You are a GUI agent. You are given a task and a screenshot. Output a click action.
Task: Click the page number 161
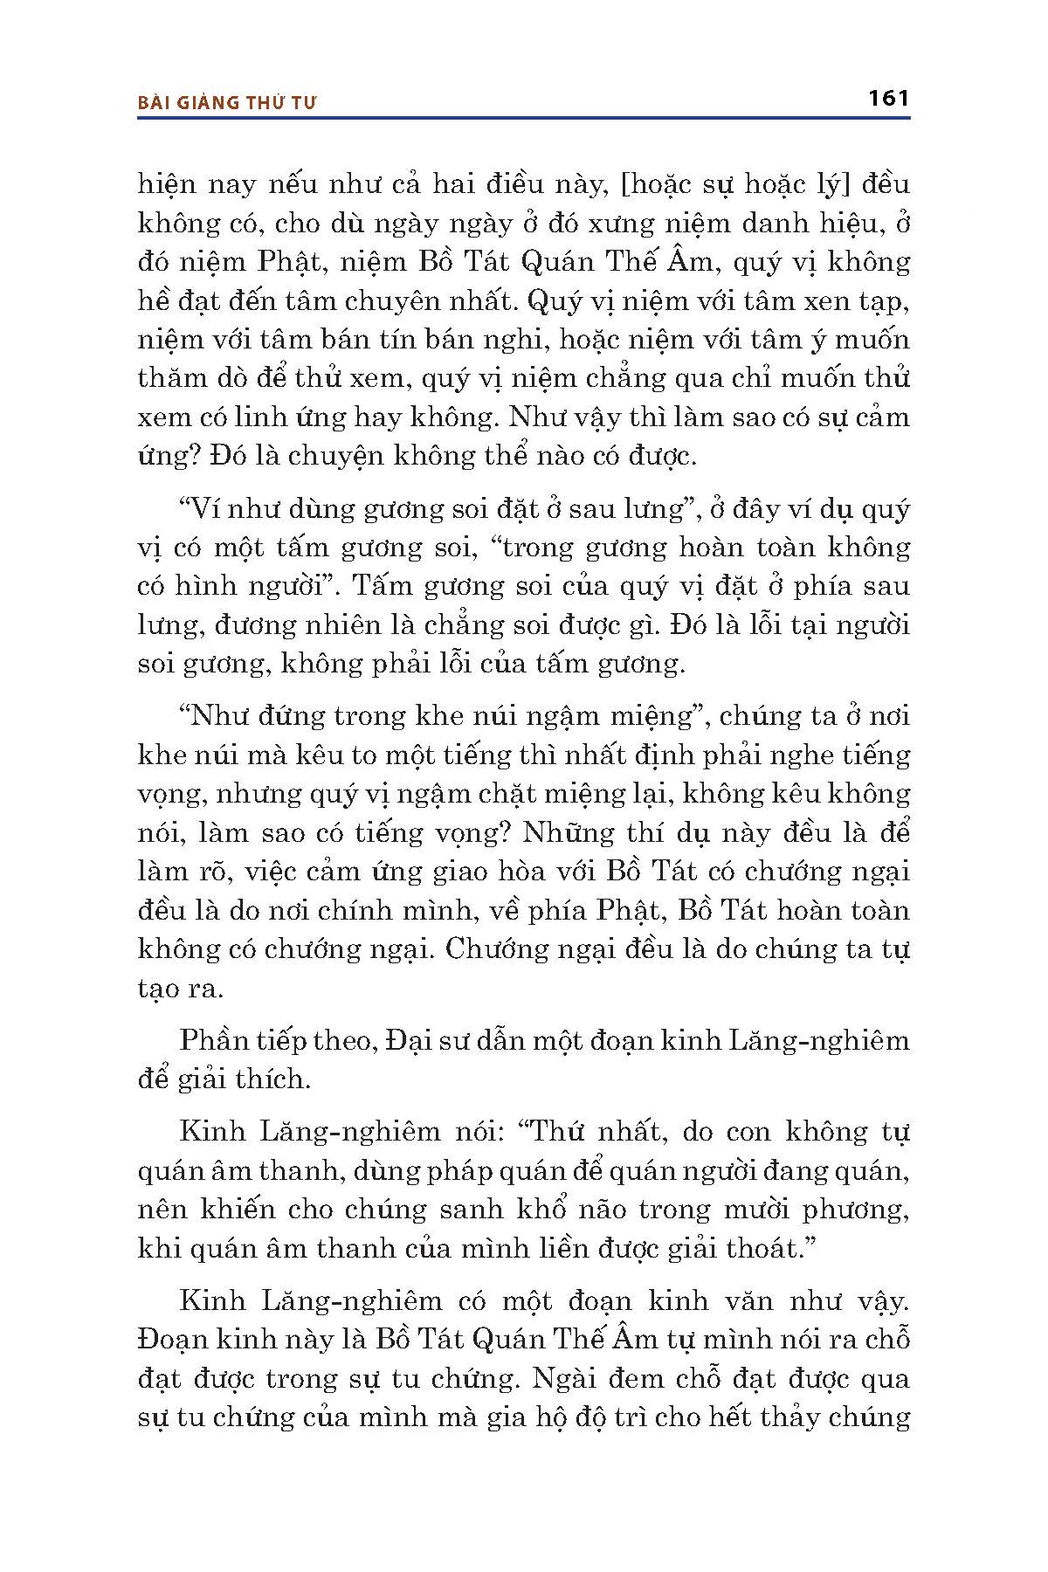pyautogui.click(x=889, y=98)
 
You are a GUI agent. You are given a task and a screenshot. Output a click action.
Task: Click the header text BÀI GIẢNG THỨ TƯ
pyautogui.click(x=227, y=102)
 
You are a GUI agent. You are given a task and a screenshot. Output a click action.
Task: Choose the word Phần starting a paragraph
pyautogui.click(x=214, y=1041)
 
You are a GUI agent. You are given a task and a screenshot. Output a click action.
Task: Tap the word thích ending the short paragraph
pyautogui.click(x=274, y=1080)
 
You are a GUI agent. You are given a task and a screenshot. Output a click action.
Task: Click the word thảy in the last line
pyautogui.click(x=793, y=1417)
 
